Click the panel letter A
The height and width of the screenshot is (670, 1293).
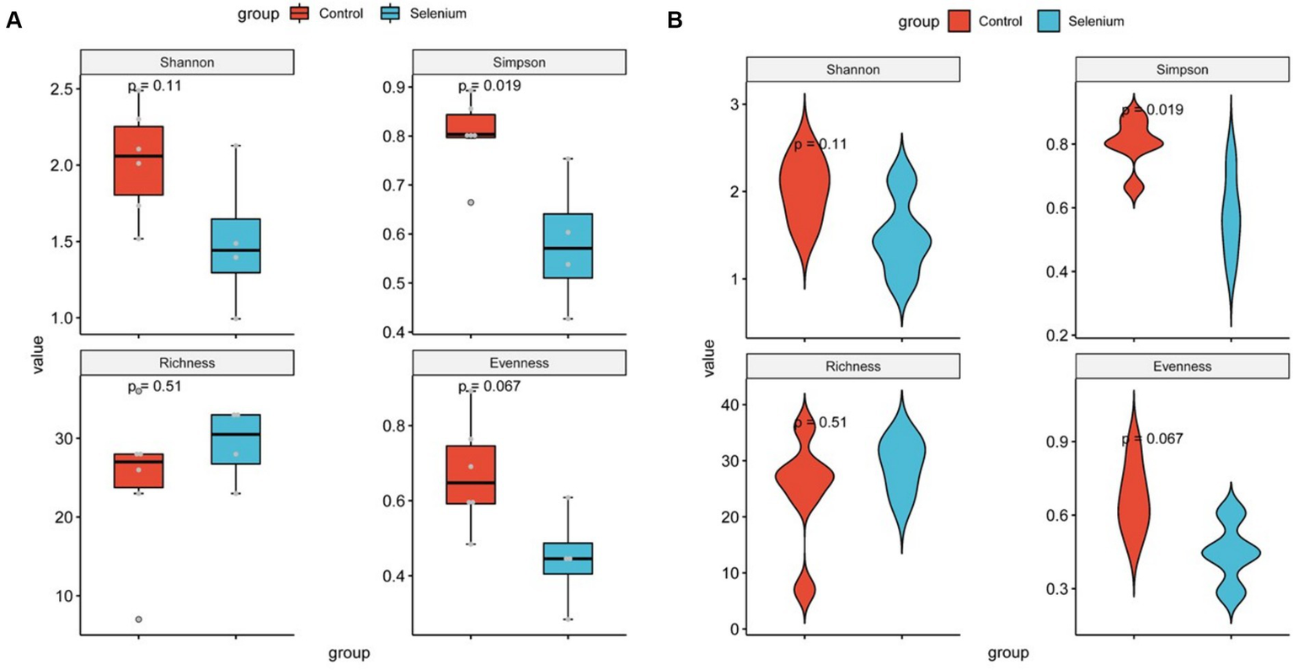pos(13,21)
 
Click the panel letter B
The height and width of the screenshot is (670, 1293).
pos(675,21)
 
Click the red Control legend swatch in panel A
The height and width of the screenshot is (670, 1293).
pos(299,13)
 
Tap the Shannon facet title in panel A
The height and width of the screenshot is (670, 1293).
pos(187,62)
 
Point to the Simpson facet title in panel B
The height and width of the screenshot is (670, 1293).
pos(1182,70)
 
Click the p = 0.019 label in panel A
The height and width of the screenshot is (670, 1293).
pos(489,86)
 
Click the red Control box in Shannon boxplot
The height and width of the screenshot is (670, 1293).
pos(139,160)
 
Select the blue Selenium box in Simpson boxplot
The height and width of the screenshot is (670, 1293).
pos(568,245)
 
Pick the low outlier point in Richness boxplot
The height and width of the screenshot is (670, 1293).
pos(139,619)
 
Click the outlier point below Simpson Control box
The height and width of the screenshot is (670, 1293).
pos(471,202)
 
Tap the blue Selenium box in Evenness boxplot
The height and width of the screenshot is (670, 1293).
pos(568,558)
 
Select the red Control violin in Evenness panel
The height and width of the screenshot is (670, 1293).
pos(1134,506)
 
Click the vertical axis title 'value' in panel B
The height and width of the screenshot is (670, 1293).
pos(709,357)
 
